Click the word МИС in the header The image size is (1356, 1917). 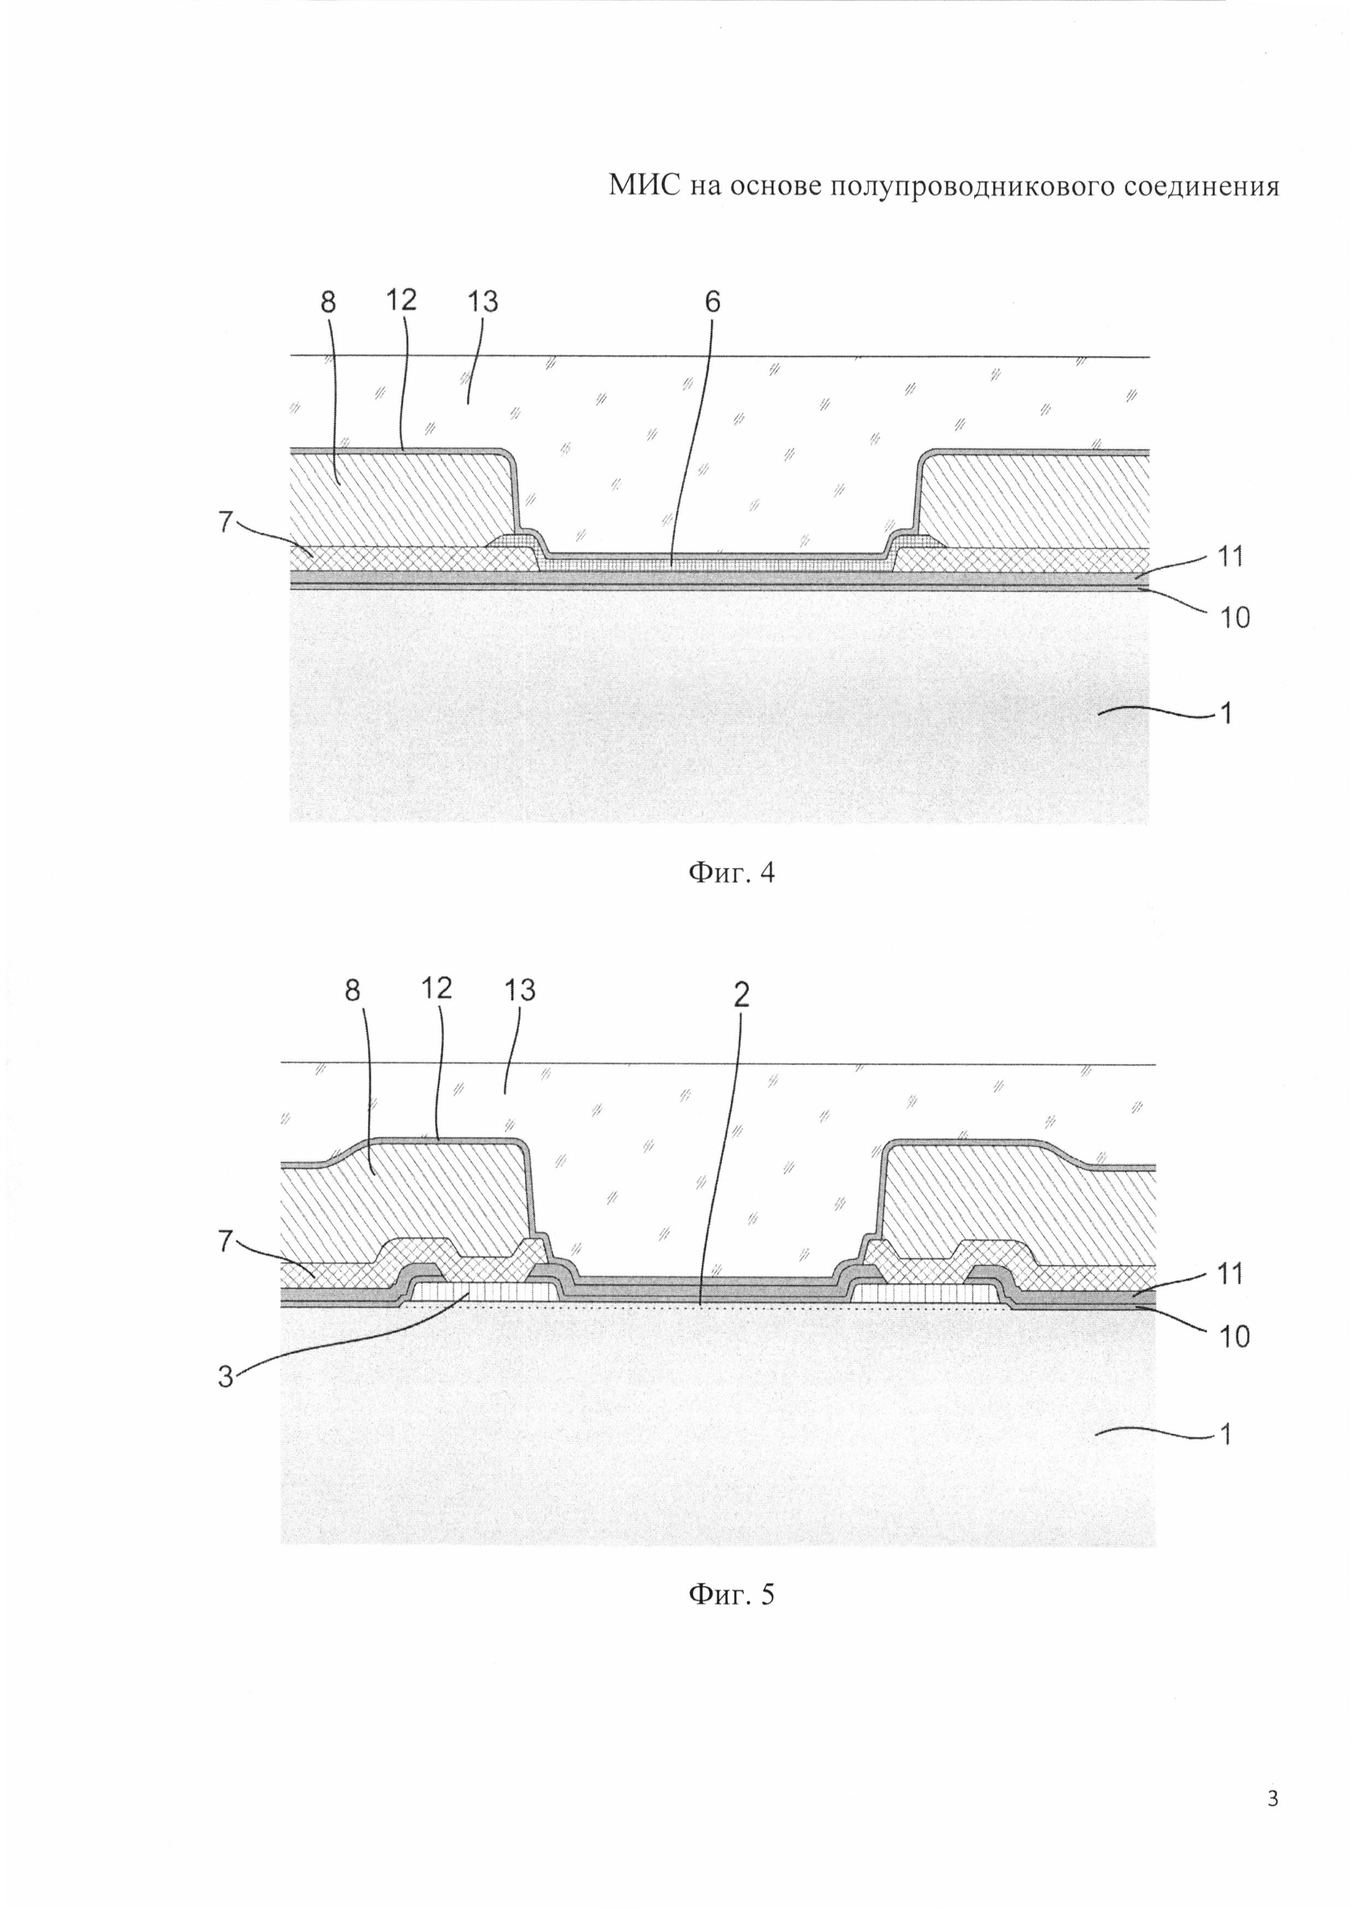click(644, 185)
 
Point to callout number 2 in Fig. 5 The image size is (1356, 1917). click(741, 994)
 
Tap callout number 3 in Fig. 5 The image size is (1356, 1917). click(225, 1377)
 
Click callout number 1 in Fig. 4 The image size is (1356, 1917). click(1226, 714)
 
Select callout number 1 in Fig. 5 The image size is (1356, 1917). click(1226, 1435)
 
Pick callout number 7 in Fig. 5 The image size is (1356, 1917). click(225, 1241)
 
